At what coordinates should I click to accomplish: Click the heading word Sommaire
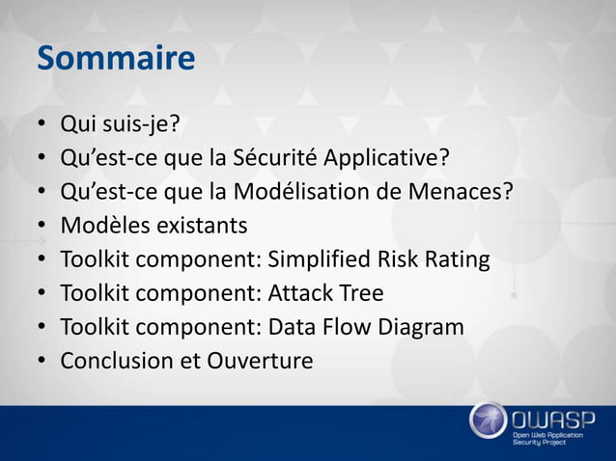[116, 59]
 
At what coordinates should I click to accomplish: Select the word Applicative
[386, 157]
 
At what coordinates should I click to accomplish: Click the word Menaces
[458, 191]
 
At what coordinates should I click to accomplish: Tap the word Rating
[454, 259]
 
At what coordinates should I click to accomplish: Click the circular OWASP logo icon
[488, 421]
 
